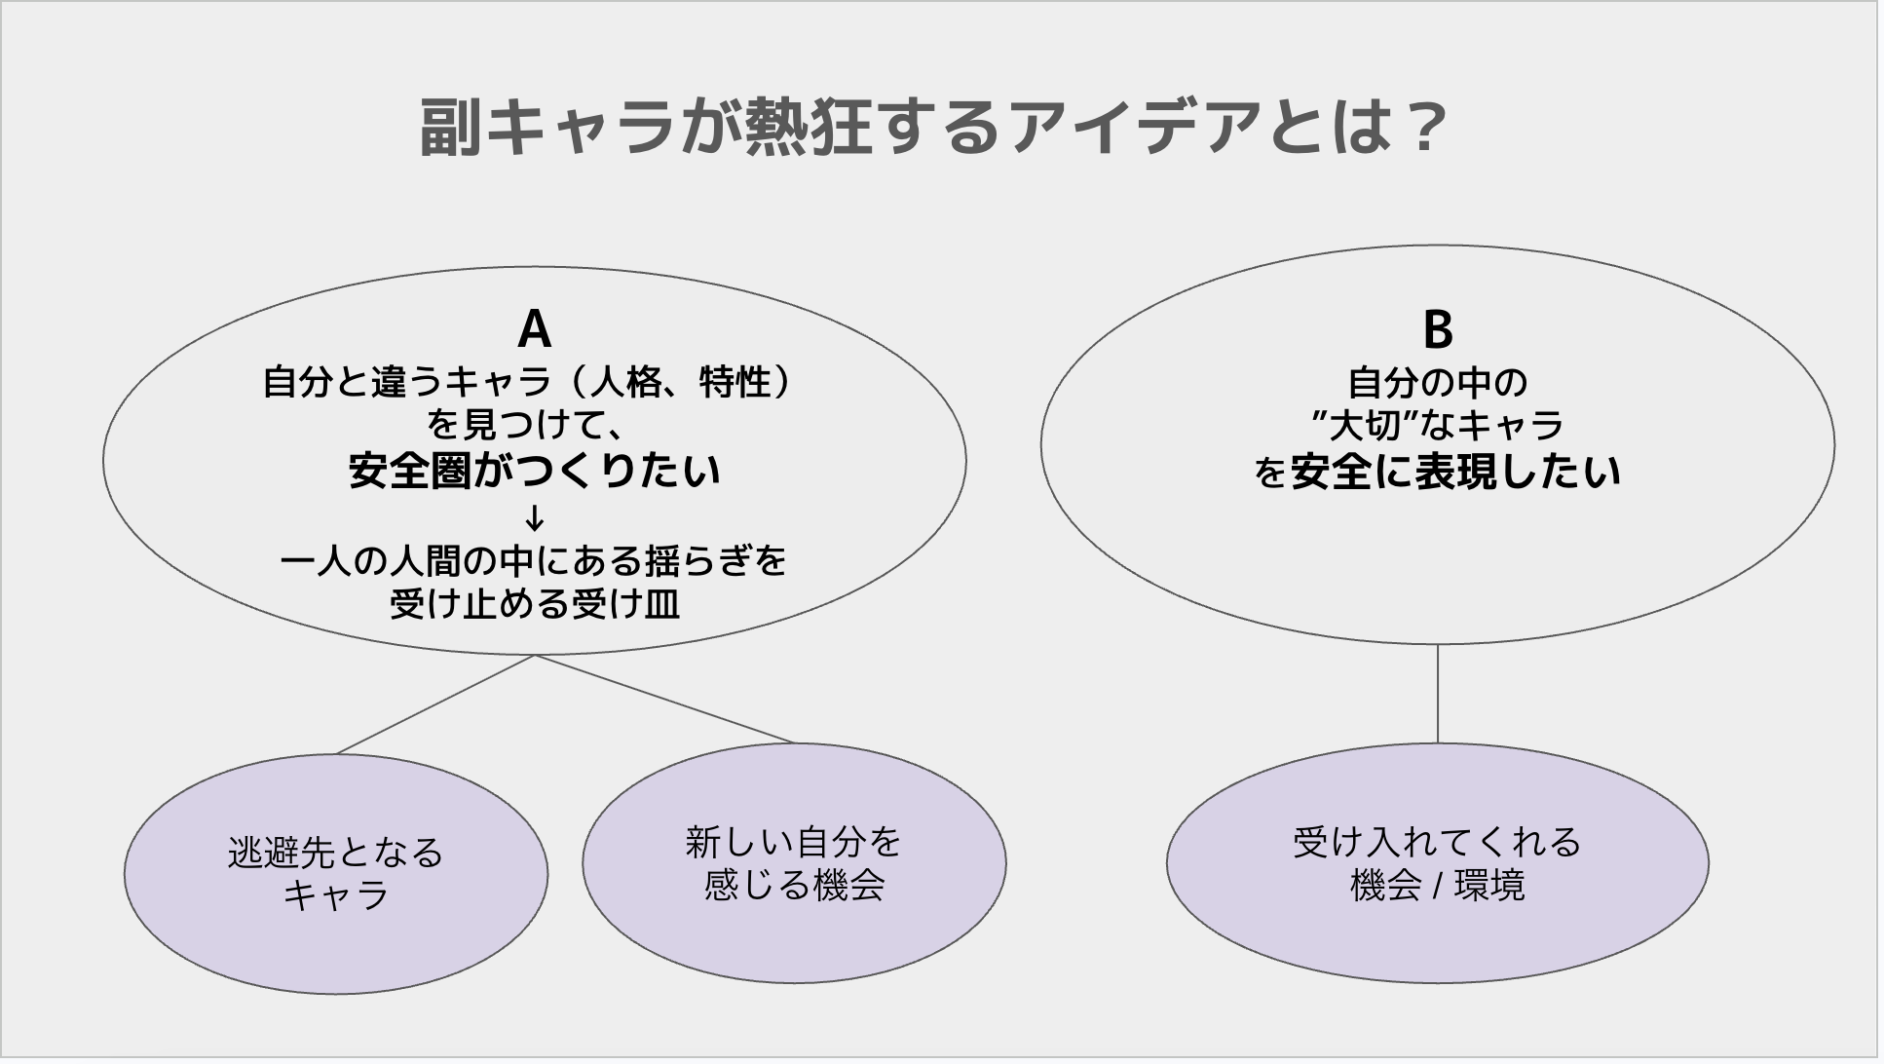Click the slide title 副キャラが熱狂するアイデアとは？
932,128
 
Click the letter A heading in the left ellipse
535,329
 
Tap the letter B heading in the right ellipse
1438,329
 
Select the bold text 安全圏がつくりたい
535,472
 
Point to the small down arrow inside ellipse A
535,517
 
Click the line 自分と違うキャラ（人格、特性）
526,383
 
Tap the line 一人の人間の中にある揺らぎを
534,562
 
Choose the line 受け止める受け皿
535,605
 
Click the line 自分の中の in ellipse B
1438,383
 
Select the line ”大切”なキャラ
1438,426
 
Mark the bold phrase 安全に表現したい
1455,472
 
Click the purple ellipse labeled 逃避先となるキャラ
336,874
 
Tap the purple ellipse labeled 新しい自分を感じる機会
794,863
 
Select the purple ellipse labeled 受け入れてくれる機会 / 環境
1438,863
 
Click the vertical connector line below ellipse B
1438,694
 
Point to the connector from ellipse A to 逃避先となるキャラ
435,704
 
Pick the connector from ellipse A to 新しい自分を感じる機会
665,700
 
